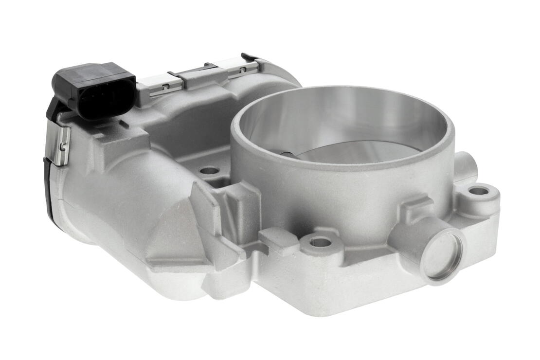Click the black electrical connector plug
[92, 90]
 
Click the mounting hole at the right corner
[479, 191]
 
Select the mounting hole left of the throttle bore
[209, 171]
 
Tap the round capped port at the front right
[440, 256]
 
